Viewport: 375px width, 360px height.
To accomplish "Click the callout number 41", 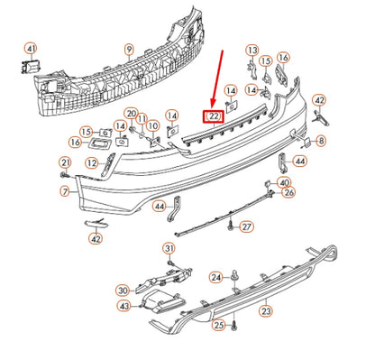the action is coord(32,49).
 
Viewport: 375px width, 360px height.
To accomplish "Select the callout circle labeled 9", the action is coord(129,49).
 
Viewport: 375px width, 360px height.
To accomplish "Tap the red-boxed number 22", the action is coord(214,116).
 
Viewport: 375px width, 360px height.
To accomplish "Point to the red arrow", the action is coord(217,79).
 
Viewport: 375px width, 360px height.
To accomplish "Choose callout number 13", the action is coord(252,51).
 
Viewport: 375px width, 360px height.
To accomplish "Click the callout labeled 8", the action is coord(321,141).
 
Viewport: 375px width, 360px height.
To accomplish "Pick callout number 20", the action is coord(131,114).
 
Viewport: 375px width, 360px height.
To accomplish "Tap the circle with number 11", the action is coord(142,119).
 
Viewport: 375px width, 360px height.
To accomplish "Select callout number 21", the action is coord(65,163).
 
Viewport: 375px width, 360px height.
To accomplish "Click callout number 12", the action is coord(92,163).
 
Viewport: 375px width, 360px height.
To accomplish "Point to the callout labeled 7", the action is coord(65,191).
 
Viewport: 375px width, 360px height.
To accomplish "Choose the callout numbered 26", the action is coord(288,192).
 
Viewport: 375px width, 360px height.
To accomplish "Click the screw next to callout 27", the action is coord(231,226).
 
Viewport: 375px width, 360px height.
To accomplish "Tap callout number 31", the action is coord(169,249).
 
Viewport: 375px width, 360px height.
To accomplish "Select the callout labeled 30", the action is coord(123,291).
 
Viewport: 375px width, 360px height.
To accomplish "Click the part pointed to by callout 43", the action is coord(162,301).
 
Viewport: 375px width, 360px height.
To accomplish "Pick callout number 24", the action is coord(216,277).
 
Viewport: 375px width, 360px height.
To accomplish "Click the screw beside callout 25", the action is coord(234,326).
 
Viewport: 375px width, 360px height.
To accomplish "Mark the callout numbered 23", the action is coord(266,310).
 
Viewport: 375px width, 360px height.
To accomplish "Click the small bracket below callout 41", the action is coord(30,67).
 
